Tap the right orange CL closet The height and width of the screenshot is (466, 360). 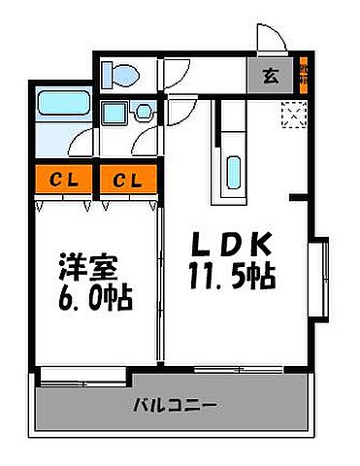tap(125, 180)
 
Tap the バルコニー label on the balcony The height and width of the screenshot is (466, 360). tap(175, 405)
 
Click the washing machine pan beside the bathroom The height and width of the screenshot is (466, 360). tap(118, 112)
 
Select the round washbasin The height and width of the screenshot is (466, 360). tap(144, 111)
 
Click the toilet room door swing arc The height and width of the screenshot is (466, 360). tap(177, 76)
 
